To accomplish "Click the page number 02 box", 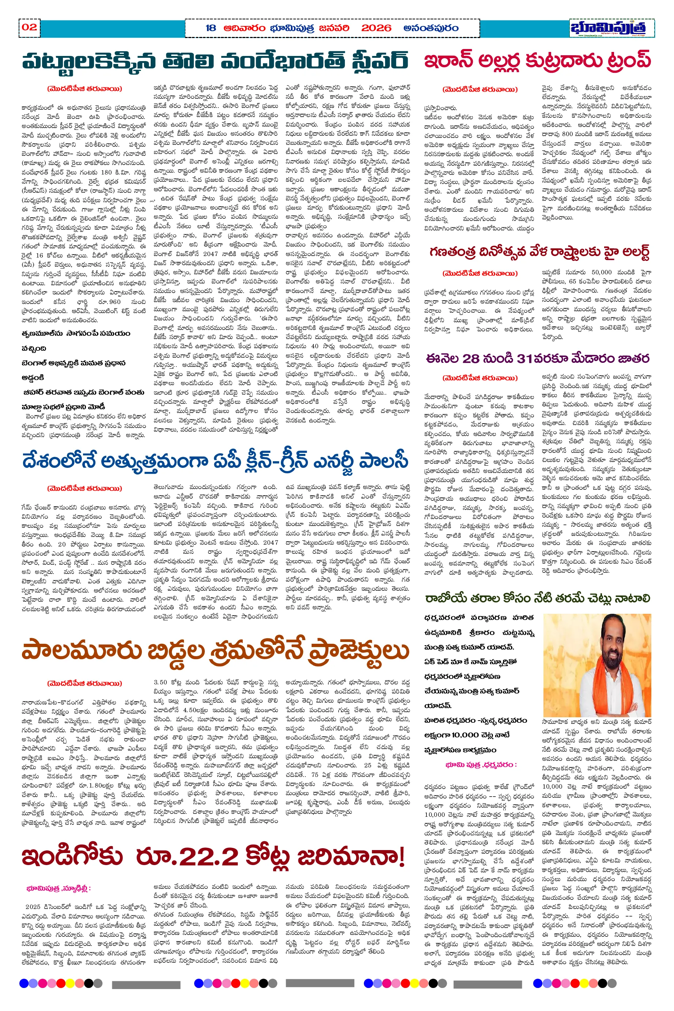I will tap(29, 27).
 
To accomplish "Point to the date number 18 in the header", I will tap(211, 29).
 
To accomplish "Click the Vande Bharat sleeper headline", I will tap(215, 61).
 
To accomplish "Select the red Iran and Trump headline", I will tap(537, 61).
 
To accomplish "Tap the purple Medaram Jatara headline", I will tap(537, 358).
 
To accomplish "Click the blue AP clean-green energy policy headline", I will tap(215, 461).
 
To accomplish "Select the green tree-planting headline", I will tap(537, 598).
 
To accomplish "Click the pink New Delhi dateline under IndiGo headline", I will tap(59, 888).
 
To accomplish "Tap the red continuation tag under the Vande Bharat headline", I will tap(85, 89).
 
